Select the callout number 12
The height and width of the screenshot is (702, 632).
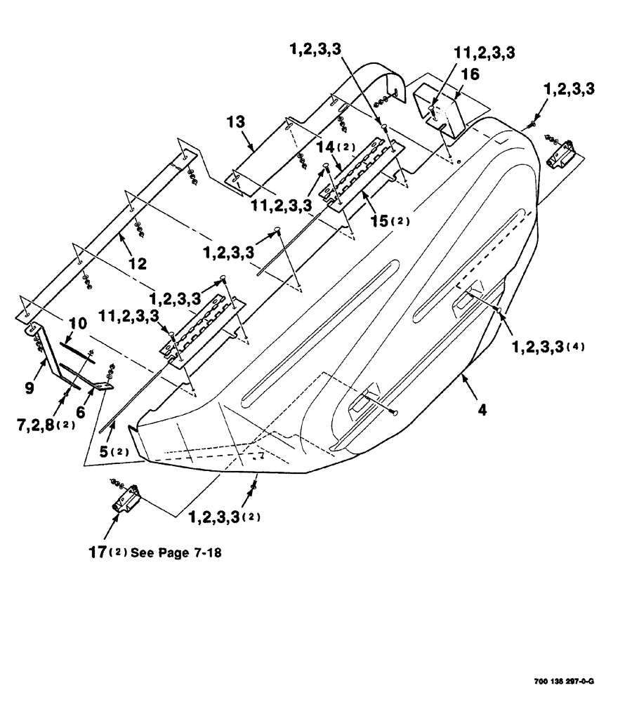pos(137,263)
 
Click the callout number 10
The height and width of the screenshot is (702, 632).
pos(78,325)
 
